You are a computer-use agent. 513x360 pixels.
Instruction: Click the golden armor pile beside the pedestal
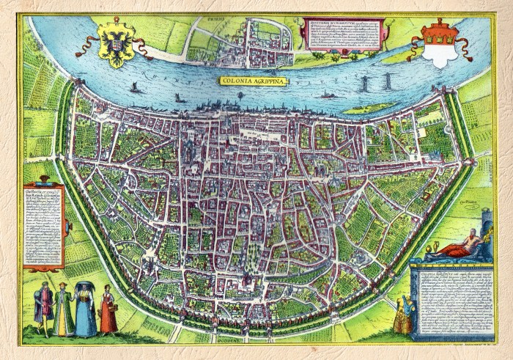tap(403, 315)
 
